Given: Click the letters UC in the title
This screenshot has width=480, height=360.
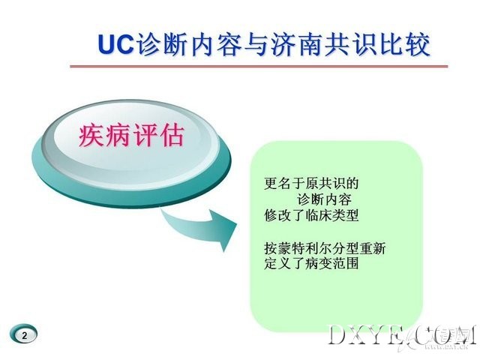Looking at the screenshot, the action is point(116,44).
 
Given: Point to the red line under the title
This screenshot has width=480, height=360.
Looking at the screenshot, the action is point(259,66).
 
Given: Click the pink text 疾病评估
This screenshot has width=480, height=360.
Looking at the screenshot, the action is point(132,135).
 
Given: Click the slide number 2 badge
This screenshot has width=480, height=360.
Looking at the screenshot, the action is point(24,334).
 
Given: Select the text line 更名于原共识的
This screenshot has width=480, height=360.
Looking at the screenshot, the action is point(311,183).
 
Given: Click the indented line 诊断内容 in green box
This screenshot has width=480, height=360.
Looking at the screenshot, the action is point(324,199).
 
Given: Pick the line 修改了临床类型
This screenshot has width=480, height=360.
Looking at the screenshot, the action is point(311,215).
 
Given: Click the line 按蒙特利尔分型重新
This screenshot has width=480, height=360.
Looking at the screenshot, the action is point(325,248).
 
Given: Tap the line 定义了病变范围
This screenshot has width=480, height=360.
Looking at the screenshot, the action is point(311,264).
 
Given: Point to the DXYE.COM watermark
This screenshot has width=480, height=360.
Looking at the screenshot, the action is point(402,336).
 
